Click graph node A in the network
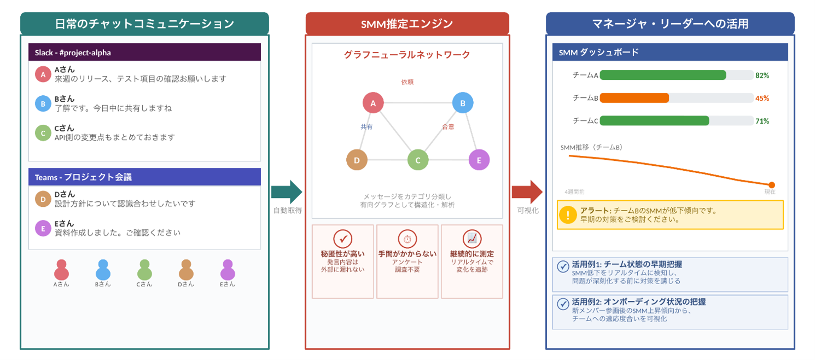(x=373, y=103)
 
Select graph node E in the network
(x=479, y=160)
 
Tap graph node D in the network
(x=357, y=160)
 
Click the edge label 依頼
(x=407, y=82)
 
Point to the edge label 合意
(x=448, y=127)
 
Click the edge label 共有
(x=366, y=127)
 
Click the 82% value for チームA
(x=762, y=76)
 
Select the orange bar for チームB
(x=634, y=98)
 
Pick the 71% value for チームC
(x=762, y=121)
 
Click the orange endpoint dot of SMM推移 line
(x=772, y=185)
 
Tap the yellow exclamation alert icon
(x=568, y=215)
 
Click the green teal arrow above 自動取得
(x=287, y=191)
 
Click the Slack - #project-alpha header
(x=144, y=53)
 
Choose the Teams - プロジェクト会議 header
(x=144, y=177)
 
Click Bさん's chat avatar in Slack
(x=43, y=103)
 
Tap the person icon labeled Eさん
(x=228, y=270)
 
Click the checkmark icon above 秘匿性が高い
(x=342, y=239)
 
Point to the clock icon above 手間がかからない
(x=407, y=239)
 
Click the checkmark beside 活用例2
(x=562, y=304)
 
